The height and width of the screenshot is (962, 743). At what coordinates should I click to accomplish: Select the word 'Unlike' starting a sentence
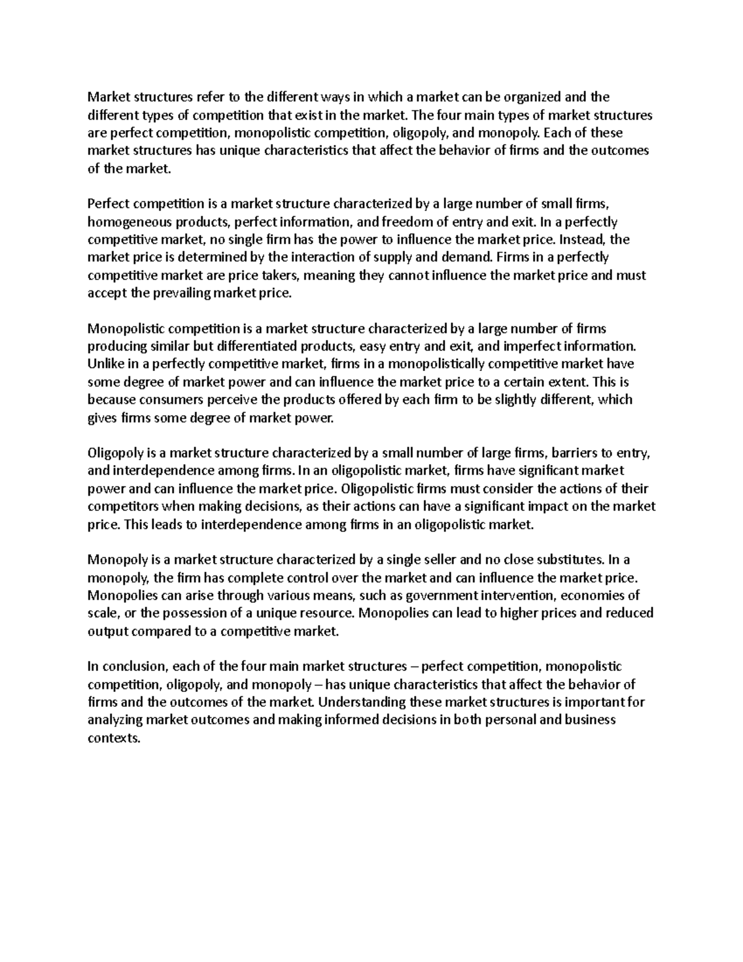click(x=105, y=364)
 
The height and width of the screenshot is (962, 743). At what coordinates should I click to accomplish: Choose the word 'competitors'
click(x=123, y=507)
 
